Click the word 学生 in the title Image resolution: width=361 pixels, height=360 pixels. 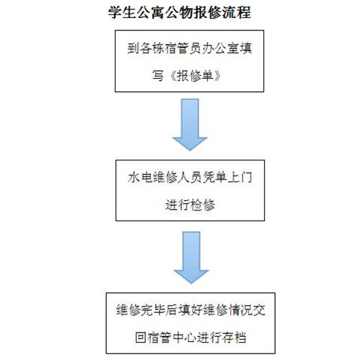122,12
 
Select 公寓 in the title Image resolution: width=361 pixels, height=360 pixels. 151,12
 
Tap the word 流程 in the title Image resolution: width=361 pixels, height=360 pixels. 237,12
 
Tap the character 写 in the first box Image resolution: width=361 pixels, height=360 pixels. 158,76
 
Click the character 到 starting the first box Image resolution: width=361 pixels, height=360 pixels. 134,48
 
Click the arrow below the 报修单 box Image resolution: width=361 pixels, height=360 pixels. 190,124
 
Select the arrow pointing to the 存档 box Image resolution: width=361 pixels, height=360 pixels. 191,257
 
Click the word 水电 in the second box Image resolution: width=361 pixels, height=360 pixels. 140,178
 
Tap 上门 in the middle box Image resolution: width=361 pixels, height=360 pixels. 240,178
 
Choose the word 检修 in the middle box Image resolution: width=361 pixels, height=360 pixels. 203,205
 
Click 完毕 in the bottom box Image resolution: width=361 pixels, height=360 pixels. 153,310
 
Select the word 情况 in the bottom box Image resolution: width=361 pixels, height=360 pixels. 241,310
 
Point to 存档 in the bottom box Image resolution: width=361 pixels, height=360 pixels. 234,338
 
